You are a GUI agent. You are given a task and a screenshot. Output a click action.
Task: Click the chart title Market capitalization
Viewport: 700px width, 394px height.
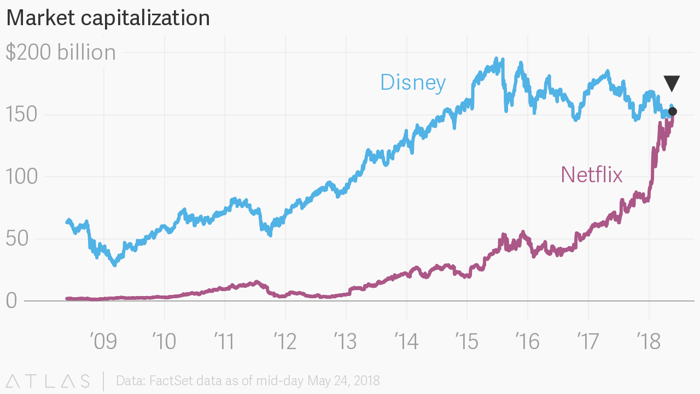point(108,18)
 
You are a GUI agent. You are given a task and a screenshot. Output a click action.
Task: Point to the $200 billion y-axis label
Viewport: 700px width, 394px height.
point(61,53)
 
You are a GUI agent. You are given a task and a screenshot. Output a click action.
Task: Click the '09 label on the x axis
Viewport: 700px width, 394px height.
point(103,341)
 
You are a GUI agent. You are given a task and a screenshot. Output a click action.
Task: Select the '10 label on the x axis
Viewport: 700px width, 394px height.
point(164,341)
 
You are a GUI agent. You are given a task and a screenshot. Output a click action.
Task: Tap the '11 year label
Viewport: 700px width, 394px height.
point(224,341)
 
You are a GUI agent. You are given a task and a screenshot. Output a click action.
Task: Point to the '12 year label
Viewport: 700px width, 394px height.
point(285,341)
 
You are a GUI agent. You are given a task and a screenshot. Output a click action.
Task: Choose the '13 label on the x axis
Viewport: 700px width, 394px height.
point(346,341)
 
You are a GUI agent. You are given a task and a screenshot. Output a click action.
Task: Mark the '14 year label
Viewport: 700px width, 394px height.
point(406,341)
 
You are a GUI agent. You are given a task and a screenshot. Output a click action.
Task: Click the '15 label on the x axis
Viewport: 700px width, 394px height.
point(466,341)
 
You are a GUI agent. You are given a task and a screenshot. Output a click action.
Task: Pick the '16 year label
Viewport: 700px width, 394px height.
point(527,341)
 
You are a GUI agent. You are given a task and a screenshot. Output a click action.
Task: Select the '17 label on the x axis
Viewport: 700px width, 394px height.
point(588,341)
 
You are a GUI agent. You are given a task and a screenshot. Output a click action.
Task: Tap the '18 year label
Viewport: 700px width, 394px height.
point(649,341)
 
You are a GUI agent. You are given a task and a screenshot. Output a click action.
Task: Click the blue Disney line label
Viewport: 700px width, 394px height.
point(413,83)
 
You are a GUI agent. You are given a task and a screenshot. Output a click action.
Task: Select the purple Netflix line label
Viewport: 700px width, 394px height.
point(592,175)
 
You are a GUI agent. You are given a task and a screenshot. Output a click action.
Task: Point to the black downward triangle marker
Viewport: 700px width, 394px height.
point(672,83)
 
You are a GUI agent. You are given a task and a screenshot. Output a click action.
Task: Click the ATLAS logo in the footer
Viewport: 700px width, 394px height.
point(48,381)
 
